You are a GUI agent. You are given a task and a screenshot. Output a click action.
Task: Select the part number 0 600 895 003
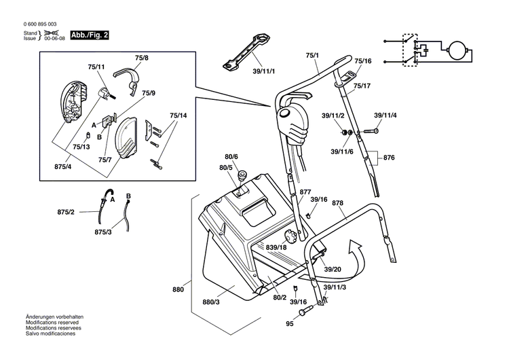(40, 24)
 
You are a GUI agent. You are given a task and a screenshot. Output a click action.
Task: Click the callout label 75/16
(362, 61)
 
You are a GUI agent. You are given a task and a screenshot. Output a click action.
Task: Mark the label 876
(388, 158)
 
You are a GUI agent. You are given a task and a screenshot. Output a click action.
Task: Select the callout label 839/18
(276, 247)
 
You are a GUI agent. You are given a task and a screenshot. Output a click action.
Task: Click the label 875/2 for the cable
(66, 213)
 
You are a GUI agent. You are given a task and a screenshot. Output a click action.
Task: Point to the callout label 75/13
(81, 147)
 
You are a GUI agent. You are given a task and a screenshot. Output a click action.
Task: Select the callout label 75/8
(141, 59)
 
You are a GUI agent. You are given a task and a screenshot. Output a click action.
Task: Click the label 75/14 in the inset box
(178, 116)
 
